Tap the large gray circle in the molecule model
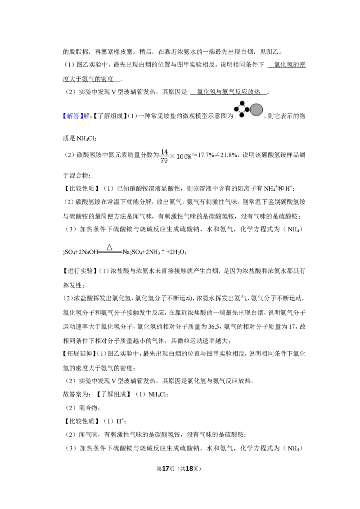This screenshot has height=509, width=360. point(256,110)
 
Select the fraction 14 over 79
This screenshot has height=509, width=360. point(164,156)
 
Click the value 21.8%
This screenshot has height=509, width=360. point(229,155)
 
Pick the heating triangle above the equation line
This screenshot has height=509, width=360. point(109,247)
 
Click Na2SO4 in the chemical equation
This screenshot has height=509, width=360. point(132,252)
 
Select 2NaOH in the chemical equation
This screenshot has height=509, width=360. point(87,252)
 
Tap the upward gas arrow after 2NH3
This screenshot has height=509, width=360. point(163,252)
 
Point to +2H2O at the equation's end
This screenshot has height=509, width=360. point(175,252)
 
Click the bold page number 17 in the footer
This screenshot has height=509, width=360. point(166,469)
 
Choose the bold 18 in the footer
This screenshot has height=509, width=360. point(189,469)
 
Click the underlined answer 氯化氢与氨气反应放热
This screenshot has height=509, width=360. point(229,92)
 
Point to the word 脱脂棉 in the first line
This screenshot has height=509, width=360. point(79,52)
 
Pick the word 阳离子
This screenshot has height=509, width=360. point(245,188)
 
